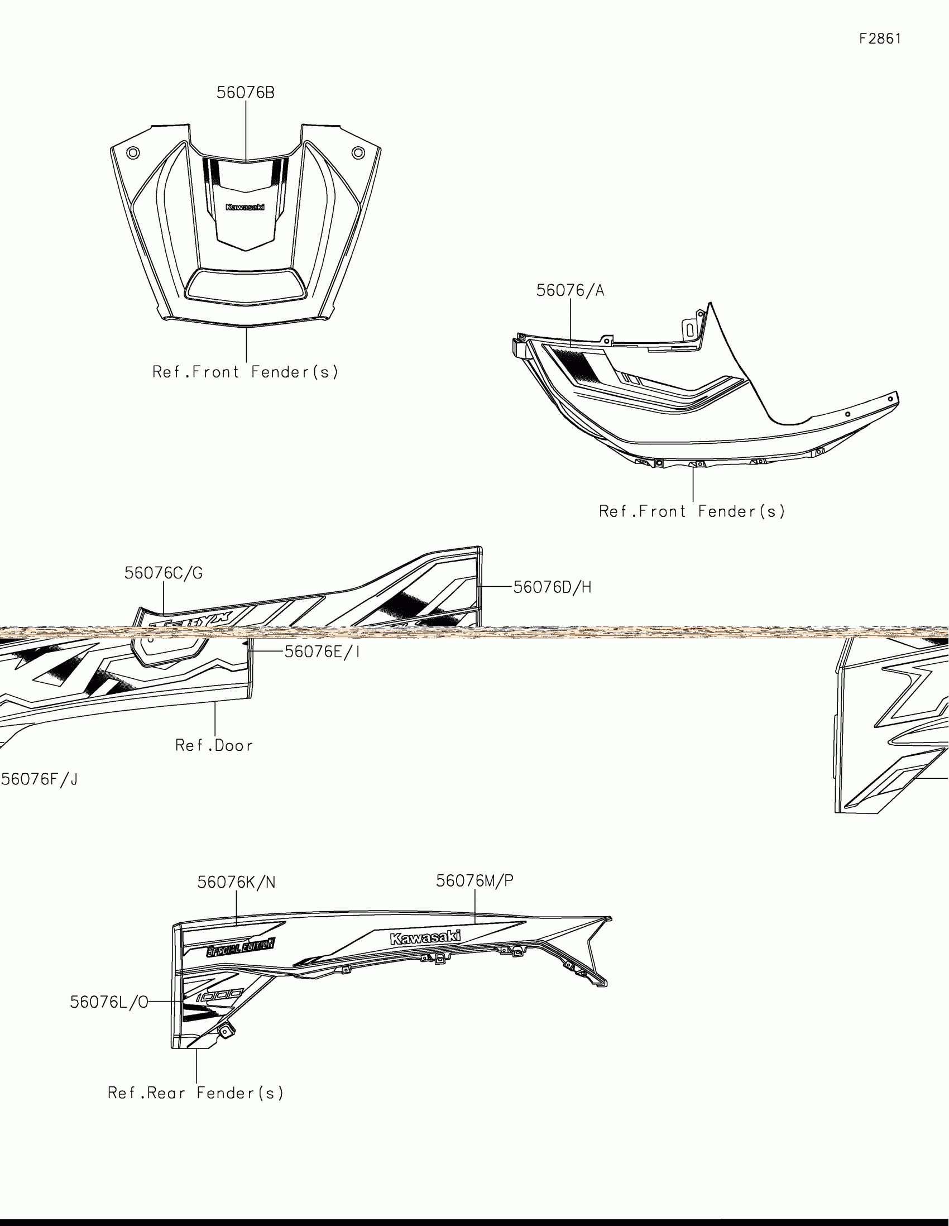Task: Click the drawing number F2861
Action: pyautogui.click(x=880, y=39)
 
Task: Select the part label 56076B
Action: pyautogui.click(x=246, y=93)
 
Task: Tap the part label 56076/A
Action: pyautogui.click(x=570, y=291)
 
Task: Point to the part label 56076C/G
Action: pyautogui.click(x=164, y=573)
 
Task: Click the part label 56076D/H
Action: pyautogui.click(x=552, y=587)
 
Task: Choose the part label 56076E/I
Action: pyautogui.click(x=322, y=652)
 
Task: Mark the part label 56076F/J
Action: pyautogui.click(x=39, y=779)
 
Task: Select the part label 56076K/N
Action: pyautogui.click(x=236, y=883)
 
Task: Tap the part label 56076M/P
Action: pyautogui.click(x=475, y=881)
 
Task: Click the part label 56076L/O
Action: pyautogui.click(x=109, y=1002)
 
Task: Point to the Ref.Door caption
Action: pyautogui.click(x=214, y=745)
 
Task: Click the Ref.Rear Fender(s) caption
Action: pyautogui.click(x=196, y=1093)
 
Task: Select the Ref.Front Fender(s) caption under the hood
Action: pyautogui.click(x=246, y=372)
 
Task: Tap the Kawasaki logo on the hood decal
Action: pyautogui.click(x=245, y=207)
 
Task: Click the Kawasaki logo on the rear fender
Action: pyautogui.click(x=425, y=937)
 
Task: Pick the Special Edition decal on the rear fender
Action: pyautogui.click(x=241, y=948)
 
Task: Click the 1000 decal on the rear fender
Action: pyautogui.click(x=220, y=996)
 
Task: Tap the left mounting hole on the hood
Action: pyautogui.click(x=133, y=152)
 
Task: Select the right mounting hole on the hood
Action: pyautogui.click(x=358, y=152)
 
